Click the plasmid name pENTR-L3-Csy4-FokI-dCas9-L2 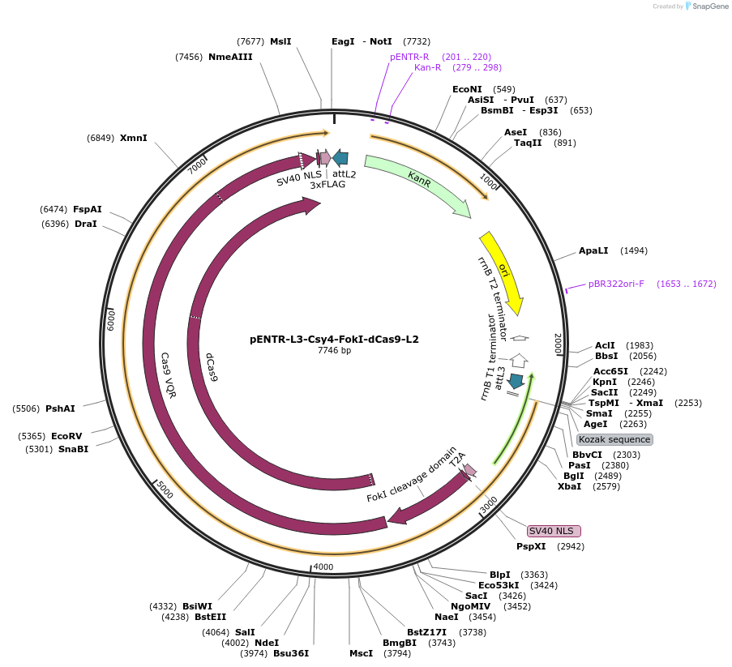(334, 340)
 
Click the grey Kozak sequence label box (614, 439)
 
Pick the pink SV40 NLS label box (554, 531)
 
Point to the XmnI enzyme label (134, 138)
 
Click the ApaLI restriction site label (596, 251)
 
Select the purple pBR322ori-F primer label (616, 284)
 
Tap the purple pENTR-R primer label (409, 57)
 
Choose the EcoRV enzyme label (66, 436)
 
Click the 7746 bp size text (334, 351)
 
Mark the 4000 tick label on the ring (323, 567)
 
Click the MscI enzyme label (361, 653)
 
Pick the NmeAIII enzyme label (231, 57)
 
